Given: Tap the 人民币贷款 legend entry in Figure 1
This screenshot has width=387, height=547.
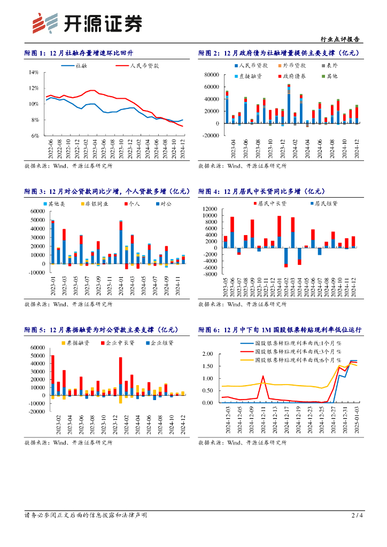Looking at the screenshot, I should click(x=144, y=66).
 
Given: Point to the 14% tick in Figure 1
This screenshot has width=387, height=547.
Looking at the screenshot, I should click(x=33, y=72).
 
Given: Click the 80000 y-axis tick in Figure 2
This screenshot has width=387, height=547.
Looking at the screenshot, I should click(x=211, y=75).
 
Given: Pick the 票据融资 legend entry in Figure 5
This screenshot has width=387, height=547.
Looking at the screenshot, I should click(x=76, y=342).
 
